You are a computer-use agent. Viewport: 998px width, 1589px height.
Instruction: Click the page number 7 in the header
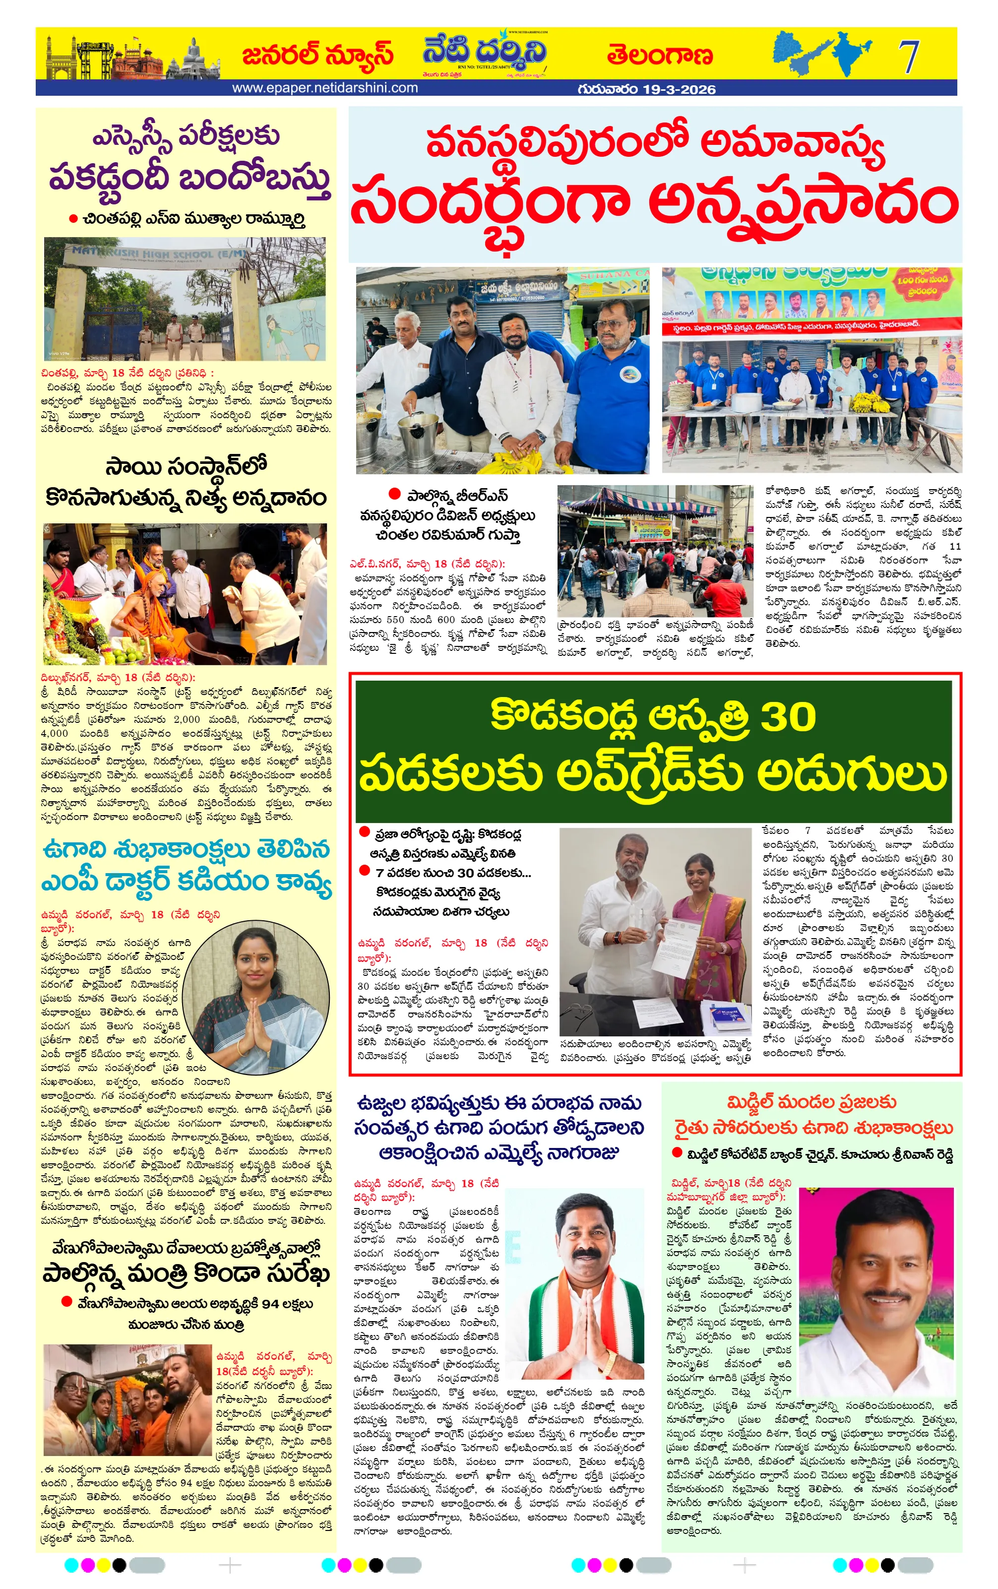pos(909,57)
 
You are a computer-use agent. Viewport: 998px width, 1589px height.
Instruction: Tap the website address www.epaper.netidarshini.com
pos(324,88)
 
